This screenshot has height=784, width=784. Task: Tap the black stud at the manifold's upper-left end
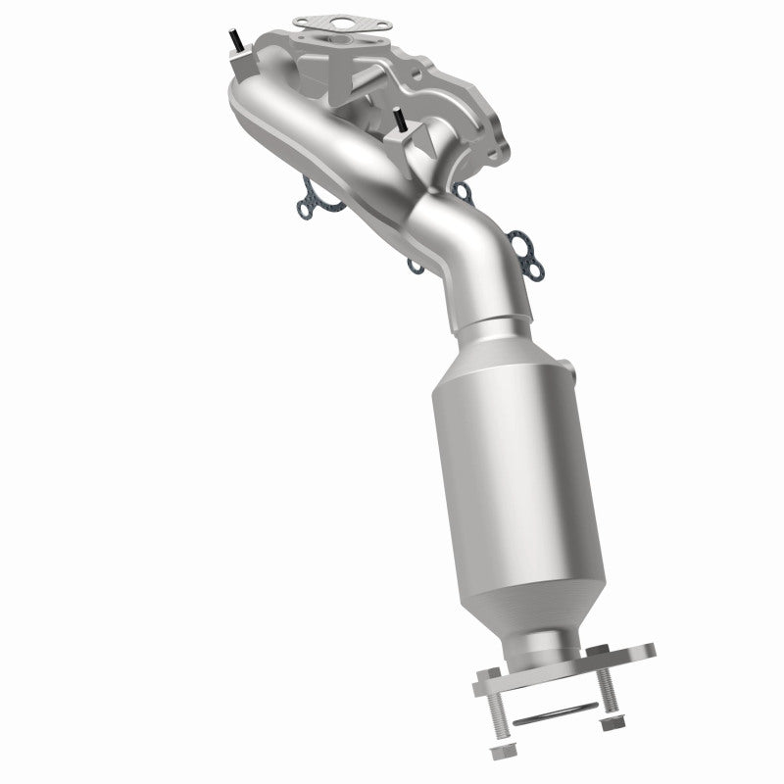click(236, 39)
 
